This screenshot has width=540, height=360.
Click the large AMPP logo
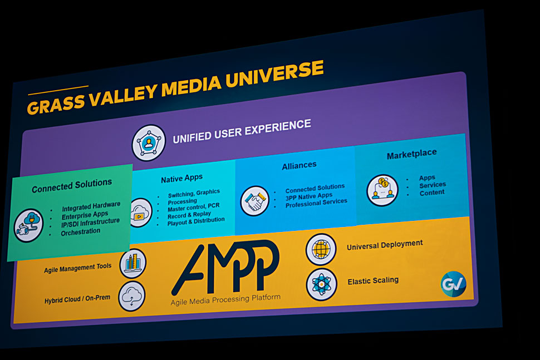(226, 267)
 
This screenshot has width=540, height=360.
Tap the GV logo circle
(454, 284)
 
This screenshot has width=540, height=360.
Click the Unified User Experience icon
(149, 143)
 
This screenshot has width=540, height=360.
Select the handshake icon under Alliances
(255, 201)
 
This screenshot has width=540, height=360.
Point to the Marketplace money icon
(382, 190)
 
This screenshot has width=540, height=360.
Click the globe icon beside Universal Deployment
(321, 249)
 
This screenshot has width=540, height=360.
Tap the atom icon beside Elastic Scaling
(321, 285)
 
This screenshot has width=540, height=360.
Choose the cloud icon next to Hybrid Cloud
(132, 297)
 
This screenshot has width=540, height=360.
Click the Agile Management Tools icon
(133, 263)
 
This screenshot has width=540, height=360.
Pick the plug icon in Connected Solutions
(28, 225)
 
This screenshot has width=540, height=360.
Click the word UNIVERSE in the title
(275, 75)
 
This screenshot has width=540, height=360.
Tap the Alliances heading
(299, 166)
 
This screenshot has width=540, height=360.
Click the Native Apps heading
(182, 178)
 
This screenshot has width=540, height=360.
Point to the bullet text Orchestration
(81, 232)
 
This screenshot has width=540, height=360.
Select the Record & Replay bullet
(189, 215)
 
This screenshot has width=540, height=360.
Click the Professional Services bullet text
(316, 203)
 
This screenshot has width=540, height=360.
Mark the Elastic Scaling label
(373, 281)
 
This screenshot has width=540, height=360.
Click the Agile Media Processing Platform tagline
(225, 299)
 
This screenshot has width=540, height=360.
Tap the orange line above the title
(58, 90)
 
